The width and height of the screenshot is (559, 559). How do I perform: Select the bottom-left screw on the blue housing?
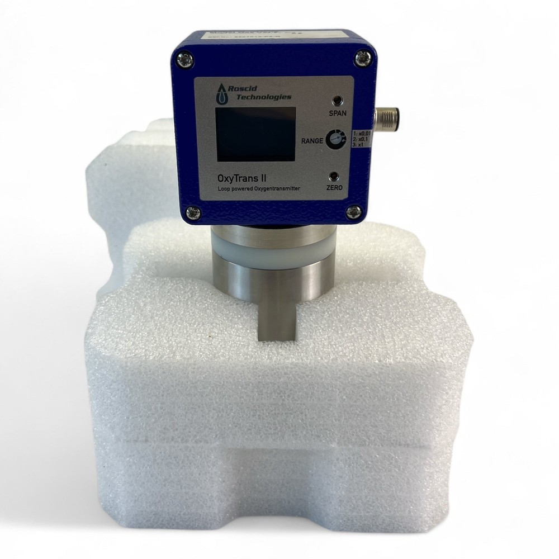click(x=193, y=212)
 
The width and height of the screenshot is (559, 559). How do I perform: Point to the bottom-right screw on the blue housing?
click(x=353, y=211)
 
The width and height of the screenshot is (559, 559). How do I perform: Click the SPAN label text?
click(x=338, y=113)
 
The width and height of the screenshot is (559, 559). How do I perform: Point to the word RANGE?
click(x=312, y=141)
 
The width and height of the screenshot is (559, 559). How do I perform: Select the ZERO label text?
click(x=334, y=188)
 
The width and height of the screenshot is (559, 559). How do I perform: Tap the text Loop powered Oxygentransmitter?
click(x=259, y=190)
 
